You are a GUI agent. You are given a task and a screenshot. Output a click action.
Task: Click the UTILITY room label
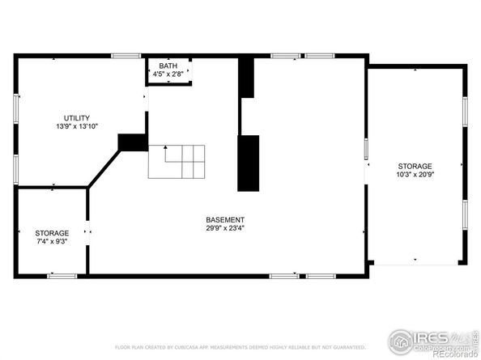pyautogui.click(x=77, y=117)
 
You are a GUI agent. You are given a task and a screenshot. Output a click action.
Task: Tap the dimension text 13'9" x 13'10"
pyautogui.click(x=77, y=126)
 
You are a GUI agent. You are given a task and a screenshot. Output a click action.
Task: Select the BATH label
pyautogui.click(x=168, y=66)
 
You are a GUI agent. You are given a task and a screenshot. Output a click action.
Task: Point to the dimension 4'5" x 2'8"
pyautogui.click(x=168, y=74)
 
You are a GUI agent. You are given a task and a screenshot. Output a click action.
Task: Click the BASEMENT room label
pyautogui.click(x=224, y=219)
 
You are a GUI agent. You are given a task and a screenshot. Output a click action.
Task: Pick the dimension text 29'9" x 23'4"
pyautogui.click(x=224, y=228)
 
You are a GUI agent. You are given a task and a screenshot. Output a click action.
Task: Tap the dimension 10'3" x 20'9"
pyautogui.click(x=414, y=174)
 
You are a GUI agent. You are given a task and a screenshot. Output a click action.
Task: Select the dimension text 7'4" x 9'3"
pyautogui.click(x=52, y=241)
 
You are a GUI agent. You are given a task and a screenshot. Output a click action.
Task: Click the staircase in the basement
pyautogui.click(x=176, y=162)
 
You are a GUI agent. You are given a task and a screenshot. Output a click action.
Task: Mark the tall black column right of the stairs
pyautogui.click(x=248, y=163)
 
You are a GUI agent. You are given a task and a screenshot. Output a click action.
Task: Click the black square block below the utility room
pyautogui.click(x=132, y=142)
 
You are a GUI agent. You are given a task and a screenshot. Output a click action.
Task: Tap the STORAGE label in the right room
pyautogui.click(x=414, y=166)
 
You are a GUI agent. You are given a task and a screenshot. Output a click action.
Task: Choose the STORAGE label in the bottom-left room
pyautogui.click(x=52, y=233)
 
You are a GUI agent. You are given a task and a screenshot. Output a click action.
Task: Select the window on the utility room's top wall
pyautogui.click(x=126, y=56)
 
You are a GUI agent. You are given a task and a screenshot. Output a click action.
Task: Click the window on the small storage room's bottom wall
pyautogui.click(x=62, y=276)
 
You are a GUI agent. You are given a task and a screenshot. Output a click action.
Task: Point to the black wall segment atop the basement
pyautogui.click(x=246, y=78)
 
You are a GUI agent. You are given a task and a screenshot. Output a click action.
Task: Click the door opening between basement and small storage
pyautogui.click(x=87, y=232)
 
